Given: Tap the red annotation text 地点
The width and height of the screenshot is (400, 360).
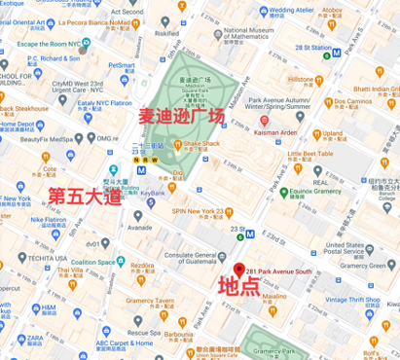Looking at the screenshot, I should pyautogui.click(x=237, y=287).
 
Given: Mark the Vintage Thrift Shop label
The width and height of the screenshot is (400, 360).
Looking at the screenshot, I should pyautogui.click(x=361, y=300).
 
